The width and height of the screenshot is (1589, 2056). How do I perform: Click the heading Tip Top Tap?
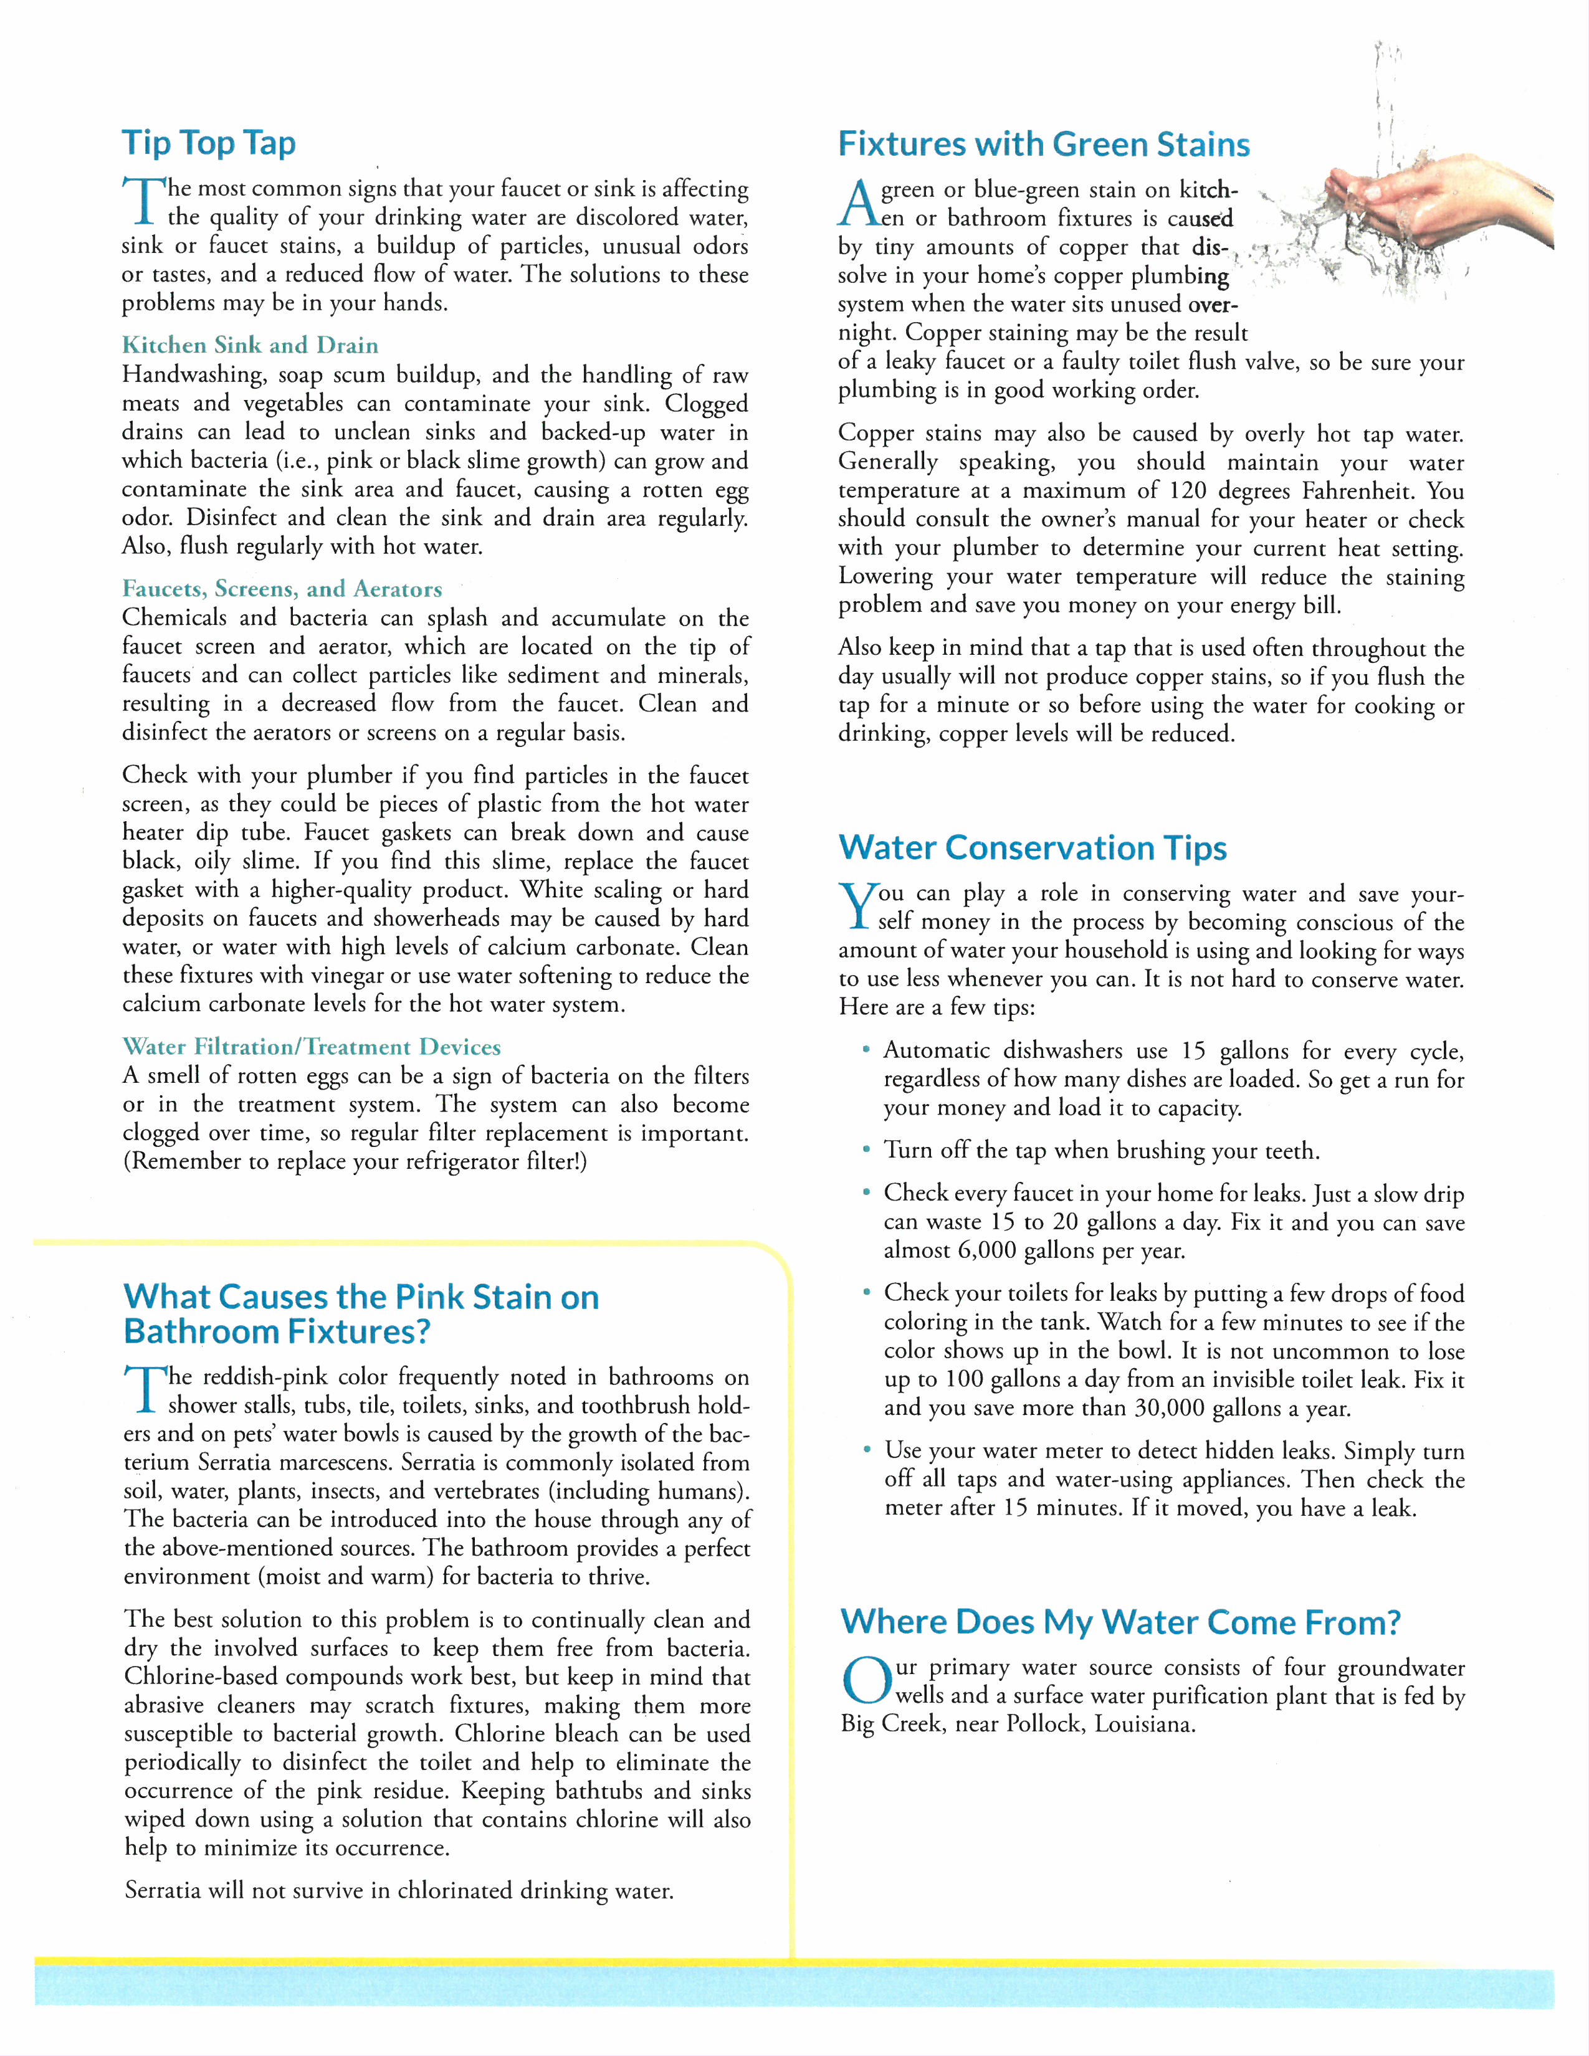[x=209, y=143]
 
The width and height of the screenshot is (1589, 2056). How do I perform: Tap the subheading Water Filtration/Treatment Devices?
[x=311, y=1046]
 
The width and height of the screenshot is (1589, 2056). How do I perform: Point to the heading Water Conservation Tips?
[x=1032, y=847]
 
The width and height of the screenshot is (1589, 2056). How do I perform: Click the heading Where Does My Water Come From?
[x=1120, y=1621]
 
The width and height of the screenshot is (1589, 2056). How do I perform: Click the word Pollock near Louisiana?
[x=1044, y=1724]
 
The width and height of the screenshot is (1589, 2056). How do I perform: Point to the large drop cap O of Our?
[x=864, y=1682]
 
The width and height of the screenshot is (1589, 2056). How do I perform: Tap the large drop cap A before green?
[x=857, y=202]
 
